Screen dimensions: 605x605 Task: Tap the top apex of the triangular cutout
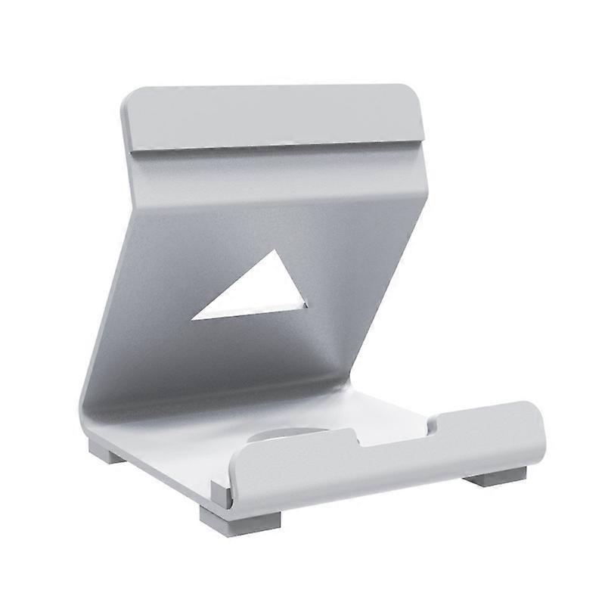[x=275, y=251]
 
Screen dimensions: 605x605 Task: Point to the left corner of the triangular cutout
[x=193, y=318]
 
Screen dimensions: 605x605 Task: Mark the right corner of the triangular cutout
[x=306, y=306]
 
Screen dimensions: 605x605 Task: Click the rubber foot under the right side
[x=495, y=476]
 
